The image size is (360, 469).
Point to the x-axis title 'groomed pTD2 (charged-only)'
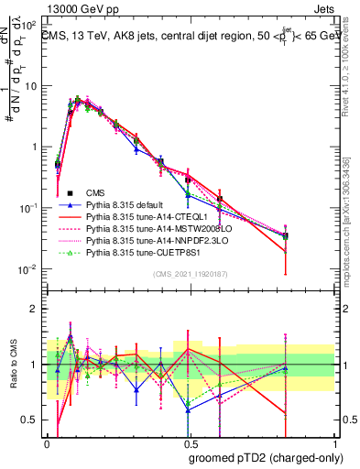pos(266,457)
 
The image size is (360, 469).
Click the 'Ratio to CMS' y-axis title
pos(12,365)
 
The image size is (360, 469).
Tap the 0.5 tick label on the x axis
pos(190,444)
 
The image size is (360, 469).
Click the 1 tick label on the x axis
pos(335,444)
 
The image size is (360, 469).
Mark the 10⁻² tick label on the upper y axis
pos(29,268)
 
